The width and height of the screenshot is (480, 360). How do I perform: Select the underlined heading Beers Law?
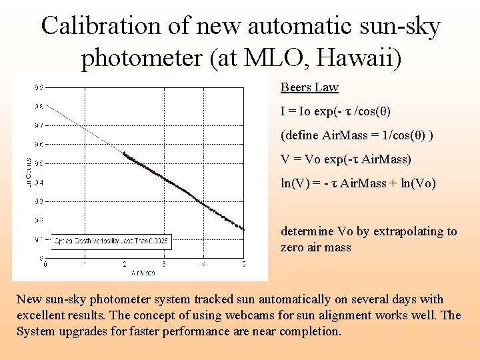click(x=309, y=87)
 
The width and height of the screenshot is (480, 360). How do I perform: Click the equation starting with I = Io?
click(x=335, y=111)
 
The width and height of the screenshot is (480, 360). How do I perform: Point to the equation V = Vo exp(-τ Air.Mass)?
click(x=345, y=159)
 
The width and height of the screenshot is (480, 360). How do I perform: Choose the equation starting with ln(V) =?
click(x=358, y=183)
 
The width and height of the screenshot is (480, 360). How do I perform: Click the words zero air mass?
click(x=315, y=247)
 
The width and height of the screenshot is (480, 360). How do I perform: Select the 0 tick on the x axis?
click(x=45, y=265)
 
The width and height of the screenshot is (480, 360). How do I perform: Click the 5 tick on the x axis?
click(x=244, y=265)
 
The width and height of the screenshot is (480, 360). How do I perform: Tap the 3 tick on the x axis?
click(x=165, y=265)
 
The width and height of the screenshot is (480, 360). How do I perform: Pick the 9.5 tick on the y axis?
click(x=39, y=163)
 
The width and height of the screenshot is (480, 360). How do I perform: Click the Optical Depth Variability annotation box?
click(x=111, y=240)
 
